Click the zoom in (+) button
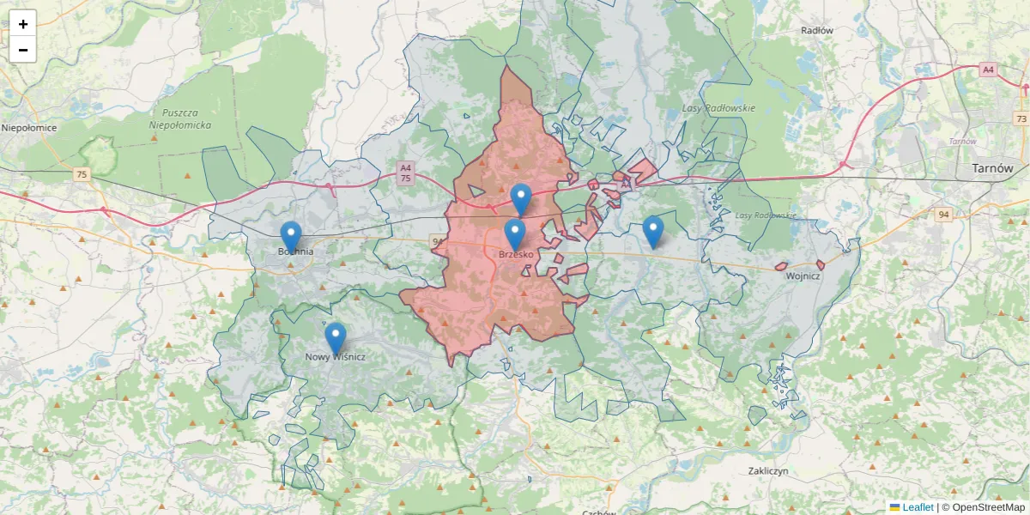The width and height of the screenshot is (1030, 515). point(23,24)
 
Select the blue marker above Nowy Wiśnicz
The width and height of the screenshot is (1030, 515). point(335,336)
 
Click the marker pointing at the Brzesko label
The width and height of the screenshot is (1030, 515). point(514,233)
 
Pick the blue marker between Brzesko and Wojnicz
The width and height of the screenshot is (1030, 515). point(653,230)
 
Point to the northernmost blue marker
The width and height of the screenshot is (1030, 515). point(521,197)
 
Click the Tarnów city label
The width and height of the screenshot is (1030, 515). point(992,168)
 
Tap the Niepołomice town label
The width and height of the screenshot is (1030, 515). point(29,128)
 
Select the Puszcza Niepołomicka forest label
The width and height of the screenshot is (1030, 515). point(180,118)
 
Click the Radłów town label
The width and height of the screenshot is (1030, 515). point(817,30)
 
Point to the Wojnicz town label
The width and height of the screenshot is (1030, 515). point(803,276)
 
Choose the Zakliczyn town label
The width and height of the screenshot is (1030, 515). point(768,471)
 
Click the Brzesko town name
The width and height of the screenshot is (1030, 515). point(516,255)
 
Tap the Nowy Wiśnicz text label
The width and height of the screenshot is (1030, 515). point(336,357)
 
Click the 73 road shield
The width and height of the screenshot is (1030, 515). point(1021,118)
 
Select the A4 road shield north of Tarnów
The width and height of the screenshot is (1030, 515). point(989,70)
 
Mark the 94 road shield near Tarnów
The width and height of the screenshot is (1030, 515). point(943,215)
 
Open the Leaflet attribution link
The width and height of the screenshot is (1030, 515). point(918,507)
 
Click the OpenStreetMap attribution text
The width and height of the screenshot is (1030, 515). point(988,507)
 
